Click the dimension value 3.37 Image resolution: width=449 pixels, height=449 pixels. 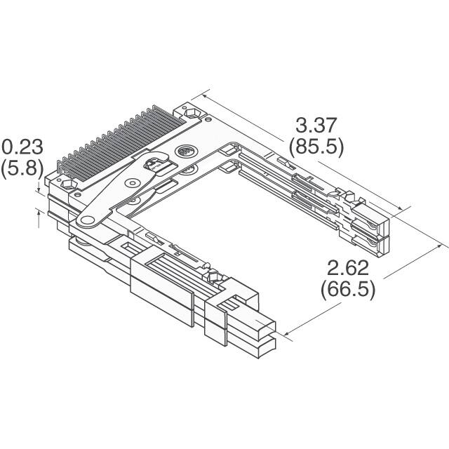click(x=317, y=126)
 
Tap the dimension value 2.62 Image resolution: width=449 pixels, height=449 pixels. click(x=348, y=267)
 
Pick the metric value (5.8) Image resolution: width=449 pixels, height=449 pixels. click(x=22, y=168)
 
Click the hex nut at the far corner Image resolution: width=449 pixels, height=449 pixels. click(x=190, y=112)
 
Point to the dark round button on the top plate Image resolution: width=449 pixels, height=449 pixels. click(x=185, y=152)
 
